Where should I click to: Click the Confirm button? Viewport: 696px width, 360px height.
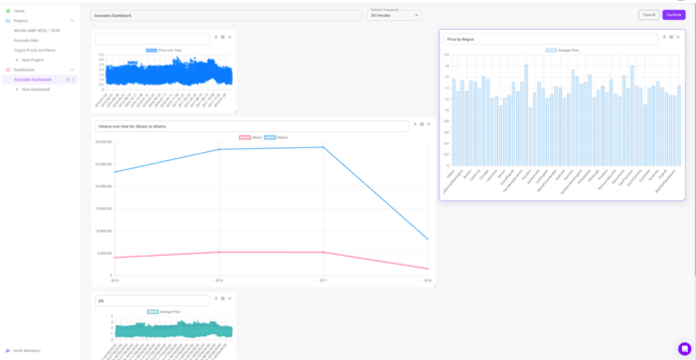pos(674,15)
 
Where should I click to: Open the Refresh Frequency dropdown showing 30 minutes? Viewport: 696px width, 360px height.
pos(395,15)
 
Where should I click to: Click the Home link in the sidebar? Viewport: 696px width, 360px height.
pos(19,11)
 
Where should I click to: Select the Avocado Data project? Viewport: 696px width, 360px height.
pos(27,40)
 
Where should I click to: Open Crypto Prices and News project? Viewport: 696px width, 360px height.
pos(35,50)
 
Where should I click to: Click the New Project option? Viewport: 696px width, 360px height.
pos(30,60)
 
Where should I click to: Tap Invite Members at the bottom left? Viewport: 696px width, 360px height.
pos(24,350)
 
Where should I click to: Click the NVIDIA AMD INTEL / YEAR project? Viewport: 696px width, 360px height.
pos(37,30)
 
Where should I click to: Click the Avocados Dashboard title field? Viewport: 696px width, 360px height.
pos(226,16)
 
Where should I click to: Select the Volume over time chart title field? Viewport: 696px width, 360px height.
pos(252,126)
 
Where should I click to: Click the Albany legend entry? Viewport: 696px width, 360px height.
pos(251,137)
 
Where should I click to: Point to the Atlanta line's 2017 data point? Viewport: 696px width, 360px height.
pos(323,147)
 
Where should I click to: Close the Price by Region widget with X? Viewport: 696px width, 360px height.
pos(678,38)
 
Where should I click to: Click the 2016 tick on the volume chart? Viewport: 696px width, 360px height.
pos(219,280)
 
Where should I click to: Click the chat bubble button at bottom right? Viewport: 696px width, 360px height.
pos(684,349)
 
